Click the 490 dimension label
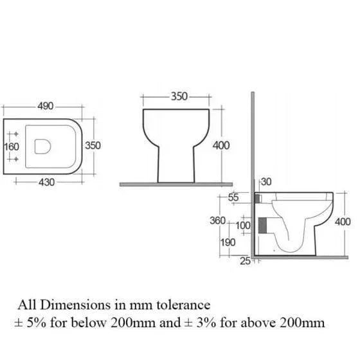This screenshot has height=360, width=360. tap(46, 106)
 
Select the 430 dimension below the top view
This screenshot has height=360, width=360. tap(46, 183)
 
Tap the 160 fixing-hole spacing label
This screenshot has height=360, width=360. tap(12, 147)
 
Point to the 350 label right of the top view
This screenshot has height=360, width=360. tap(93, 145)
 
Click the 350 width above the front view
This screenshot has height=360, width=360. tap(179, 96)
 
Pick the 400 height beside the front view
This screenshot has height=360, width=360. tap(221, 145)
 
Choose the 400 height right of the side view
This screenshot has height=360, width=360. tap(343, 222)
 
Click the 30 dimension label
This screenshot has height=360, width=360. tap(266, 182)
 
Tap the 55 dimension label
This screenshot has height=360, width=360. tap(233, 197)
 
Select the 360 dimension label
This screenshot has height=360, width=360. tap(218, 221)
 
